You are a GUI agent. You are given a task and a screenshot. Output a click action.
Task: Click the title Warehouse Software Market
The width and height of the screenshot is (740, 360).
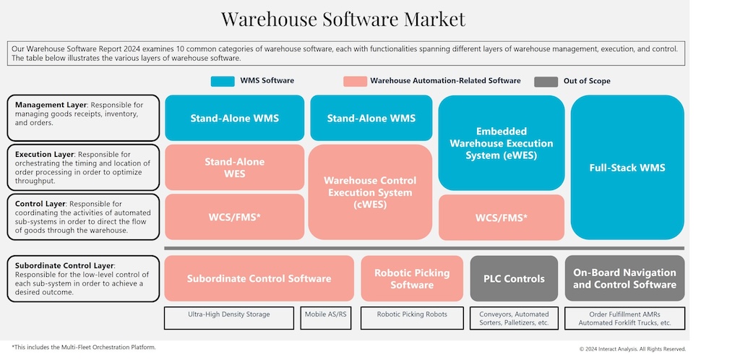343,19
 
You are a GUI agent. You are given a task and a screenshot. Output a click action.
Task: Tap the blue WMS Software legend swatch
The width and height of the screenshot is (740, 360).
223,81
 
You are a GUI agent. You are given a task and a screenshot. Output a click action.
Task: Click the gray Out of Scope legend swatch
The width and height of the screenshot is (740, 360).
546,81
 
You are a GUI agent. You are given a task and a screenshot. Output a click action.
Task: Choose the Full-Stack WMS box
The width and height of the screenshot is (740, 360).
627,168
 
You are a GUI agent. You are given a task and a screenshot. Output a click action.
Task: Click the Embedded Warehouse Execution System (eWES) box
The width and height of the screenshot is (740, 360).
501,142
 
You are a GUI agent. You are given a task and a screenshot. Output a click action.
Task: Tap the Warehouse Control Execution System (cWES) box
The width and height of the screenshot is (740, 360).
370,192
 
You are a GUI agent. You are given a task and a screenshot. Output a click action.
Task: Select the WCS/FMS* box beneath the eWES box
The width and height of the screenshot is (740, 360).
501,217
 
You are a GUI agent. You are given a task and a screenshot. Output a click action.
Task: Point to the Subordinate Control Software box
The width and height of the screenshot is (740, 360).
259,278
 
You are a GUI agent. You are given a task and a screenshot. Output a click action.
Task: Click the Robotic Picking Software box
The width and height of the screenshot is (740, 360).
412,278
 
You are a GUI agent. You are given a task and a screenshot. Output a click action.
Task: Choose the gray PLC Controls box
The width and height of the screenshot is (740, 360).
514,278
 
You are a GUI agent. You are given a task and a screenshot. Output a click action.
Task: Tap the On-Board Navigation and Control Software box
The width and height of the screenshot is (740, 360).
624,278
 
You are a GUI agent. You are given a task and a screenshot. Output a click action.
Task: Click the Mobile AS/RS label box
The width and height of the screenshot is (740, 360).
326,314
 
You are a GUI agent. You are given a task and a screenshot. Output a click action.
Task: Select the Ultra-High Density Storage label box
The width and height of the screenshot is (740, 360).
228,314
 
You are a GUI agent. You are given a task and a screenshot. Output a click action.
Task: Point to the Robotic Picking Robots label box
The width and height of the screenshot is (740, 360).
412,314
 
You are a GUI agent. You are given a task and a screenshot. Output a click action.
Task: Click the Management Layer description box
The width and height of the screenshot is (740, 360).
83,118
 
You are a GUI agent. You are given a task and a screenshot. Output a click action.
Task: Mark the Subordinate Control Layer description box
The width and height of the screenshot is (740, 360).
83,278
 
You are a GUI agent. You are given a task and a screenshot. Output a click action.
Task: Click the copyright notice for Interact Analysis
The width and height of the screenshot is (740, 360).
632,348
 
